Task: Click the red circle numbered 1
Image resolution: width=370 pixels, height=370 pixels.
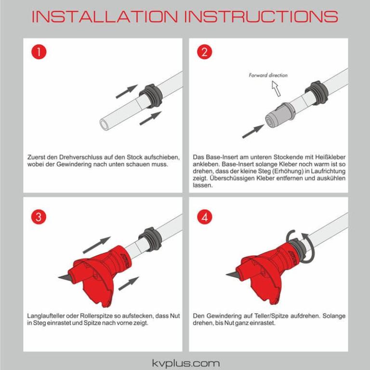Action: click(39, 52)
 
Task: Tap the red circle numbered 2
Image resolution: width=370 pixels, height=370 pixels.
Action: click(204, 52)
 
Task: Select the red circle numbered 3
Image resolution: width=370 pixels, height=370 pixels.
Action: click(39, 217)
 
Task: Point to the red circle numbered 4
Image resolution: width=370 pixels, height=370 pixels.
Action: click(204, 217)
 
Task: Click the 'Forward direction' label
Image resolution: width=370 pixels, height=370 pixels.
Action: click(268, 75)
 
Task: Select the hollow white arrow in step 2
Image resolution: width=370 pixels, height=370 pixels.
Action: click(276, 88)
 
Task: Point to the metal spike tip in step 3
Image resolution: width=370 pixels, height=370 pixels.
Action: click(63, 277)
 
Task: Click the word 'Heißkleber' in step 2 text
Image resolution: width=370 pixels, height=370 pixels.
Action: click(330, 158)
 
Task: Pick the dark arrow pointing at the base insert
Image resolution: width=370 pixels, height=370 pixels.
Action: click(252, 131)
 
